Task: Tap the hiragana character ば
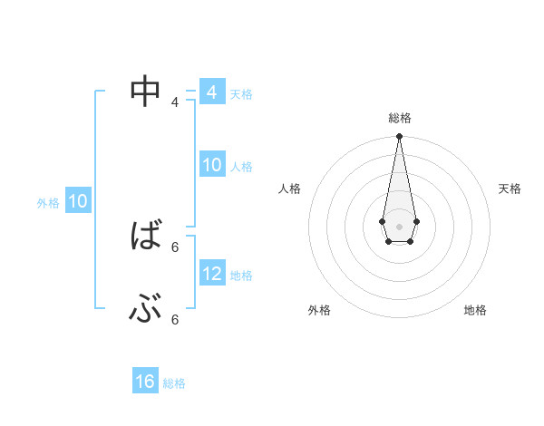tap(145, 237)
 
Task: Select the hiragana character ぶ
tap(145, 310)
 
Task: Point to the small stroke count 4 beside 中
tap(175, 102)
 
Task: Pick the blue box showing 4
tap(211, 92)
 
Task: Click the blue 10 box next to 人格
tap(211, 166)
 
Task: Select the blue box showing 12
tap(211, 274)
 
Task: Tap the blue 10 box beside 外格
tap(77, 201)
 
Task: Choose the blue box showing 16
tap(145, 382)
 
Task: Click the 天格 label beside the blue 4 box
tap(241, 94)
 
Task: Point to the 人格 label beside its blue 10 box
tap(241, 167)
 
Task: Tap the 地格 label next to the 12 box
tap(241, 276)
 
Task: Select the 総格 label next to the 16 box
tap(174, 383)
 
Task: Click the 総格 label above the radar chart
tap(399, 118)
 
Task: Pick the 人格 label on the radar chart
tap(290, 189)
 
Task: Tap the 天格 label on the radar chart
tap(510, 189)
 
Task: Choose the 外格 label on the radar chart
tap(319, 310)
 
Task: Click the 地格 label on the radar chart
tap(475, 310)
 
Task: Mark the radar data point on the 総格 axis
tap(399, 137)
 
